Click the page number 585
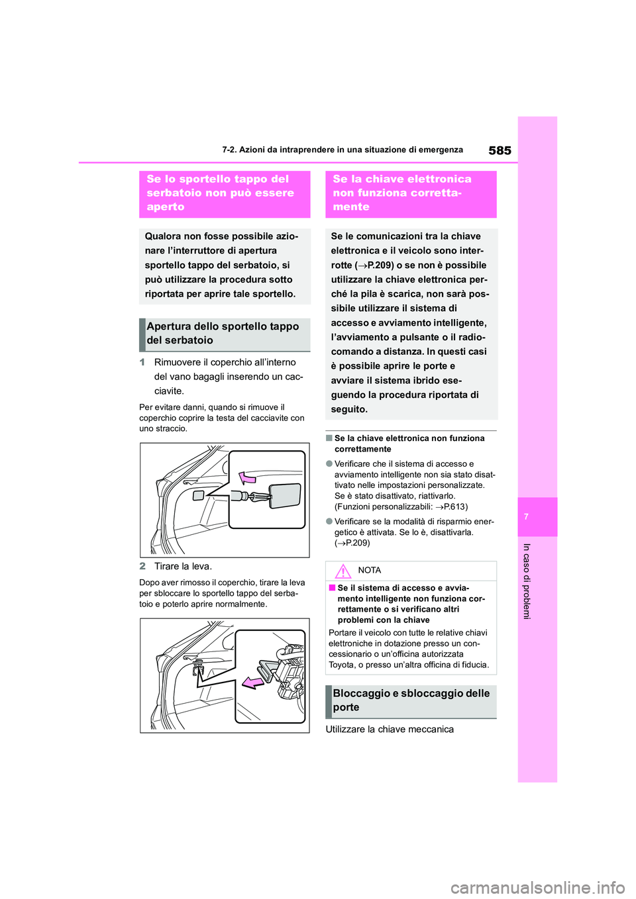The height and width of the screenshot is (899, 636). (x=500, y=150)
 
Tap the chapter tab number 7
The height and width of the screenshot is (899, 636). (x=526, y=516)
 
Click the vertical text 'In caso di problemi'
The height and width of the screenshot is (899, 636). (x=527, y=581)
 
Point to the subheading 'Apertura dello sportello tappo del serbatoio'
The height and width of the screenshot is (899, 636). (x=224, y=334)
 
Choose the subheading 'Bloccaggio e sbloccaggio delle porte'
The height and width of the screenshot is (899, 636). (x=411, y=700)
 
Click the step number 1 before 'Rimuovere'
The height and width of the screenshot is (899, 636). (x=142, y=362)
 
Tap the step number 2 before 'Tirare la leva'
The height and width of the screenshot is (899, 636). (x=142, y=566)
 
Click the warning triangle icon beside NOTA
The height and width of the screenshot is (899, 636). (x=343, y=571)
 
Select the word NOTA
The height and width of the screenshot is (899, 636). (x=369, y=571)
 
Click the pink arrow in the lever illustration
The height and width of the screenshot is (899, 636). (x=252, y=683)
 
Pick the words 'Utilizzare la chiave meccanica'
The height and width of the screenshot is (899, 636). (x=390, y=730)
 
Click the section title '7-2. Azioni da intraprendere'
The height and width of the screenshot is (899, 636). (x=343, y=150)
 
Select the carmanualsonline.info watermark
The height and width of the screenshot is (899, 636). (x=537, y=887)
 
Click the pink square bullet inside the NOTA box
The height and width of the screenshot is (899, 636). (x=332, y=588)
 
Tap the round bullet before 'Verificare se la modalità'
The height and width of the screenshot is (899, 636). (x=329, y=522)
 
